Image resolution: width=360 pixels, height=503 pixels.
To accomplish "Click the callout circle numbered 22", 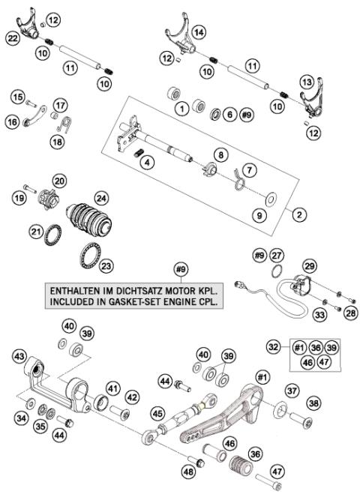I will click(x=12, y=37).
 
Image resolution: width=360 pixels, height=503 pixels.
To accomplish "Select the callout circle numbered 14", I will click(x=199, y=32).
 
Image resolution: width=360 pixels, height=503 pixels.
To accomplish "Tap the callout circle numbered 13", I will click(x=306, y=81).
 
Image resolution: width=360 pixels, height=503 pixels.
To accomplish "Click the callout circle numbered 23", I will click(x=106, y=265).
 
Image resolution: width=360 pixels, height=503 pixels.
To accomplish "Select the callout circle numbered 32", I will click(x=274, y=347).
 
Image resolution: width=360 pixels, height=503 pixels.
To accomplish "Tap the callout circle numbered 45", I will click(x=157, y=413).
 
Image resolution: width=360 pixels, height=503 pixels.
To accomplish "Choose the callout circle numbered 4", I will click(x=149, y=162).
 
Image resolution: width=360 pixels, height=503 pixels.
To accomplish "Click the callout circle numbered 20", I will click(x=59, y=180).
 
